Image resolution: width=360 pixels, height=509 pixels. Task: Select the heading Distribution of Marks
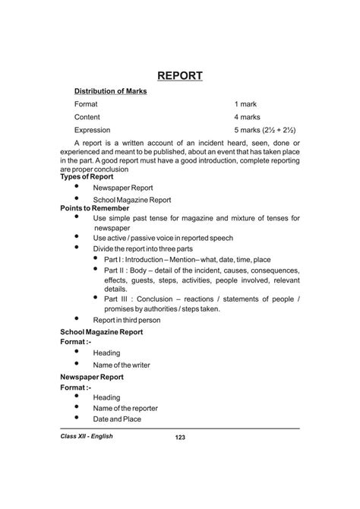[111, 91]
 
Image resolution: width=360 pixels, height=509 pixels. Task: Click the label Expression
[93, 130]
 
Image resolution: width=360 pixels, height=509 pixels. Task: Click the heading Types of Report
[87, 176]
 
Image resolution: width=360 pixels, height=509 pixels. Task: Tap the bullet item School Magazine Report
[132, 201]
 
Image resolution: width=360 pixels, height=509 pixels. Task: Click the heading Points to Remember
[94, 208]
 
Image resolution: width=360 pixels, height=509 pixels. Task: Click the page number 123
[180, 437]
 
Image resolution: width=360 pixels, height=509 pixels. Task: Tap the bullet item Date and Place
[117, 419]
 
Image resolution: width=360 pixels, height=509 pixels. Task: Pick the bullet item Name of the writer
[122, 365]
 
